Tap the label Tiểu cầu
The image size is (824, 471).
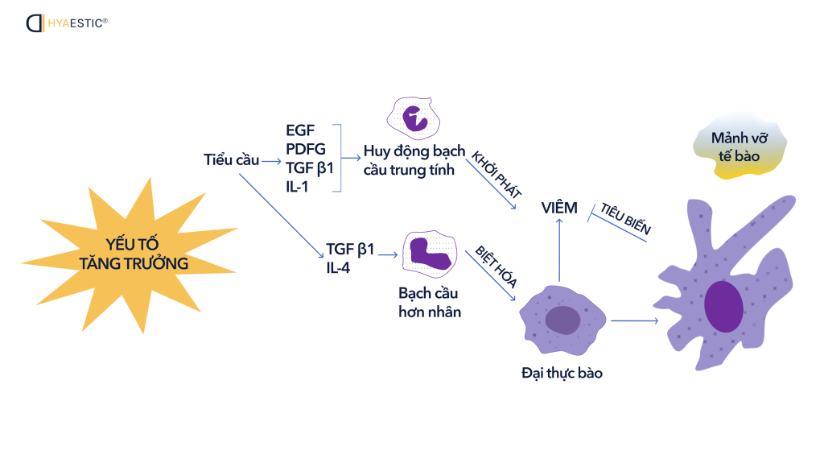click(x=231, y=159)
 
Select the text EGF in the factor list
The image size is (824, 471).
click(x=300, y=130)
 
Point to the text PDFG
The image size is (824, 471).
click(x=306, y=149)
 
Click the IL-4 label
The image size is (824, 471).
click(x=338, y=267)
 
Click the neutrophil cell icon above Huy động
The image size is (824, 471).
click(x=415, y=118)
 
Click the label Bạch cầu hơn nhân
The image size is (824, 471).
click(x=430, y=302)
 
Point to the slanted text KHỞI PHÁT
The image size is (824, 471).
click(x=496, y=173)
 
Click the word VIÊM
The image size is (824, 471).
click(x=559, y=208)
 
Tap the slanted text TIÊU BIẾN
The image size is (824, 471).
click(x=626, y=217)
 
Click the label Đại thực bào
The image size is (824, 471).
click(x=562, y=373)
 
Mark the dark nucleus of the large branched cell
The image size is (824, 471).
click(x=723, y=307)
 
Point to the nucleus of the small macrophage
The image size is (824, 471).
click(x=562, y=320)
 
